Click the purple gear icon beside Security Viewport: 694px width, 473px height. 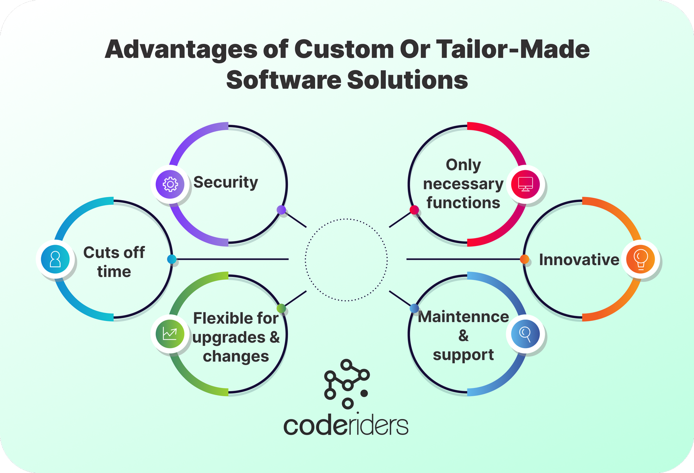click(170, 184)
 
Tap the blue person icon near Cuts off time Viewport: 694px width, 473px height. click(55, 259)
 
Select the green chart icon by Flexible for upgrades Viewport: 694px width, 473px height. click(170, 334)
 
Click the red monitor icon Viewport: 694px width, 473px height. click(526, 184)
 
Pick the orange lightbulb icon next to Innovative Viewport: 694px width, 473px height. click(641, 259)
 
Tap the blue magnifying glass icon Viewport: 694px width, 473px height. click(526, 333)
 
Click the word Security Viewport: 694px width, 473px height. click(225, 183)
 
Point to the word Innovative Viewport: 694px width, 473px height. click(579, 260)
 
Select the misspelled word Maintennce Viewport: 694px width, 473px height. click(463, 317)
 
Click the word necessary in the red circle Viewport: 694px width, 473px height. click(463, 184)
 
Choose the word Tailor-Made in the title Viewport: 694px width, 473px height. click(513, 49)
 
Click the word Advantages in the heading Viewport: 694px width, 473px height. click(180, 49)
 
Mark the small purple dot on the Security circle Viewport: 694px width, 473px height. click(281, 210)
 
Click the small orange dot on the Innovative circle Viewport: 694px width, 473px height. click(525, 259)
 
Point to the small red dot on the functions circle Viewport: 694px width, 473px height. click(414, 210)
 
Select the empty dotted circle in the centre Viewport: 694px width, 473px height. click(347, 260)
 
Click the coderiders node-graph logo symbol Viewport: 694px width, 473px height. click(347, 384)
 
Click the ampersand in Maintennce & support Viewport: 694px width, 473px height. click(463, 336)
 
